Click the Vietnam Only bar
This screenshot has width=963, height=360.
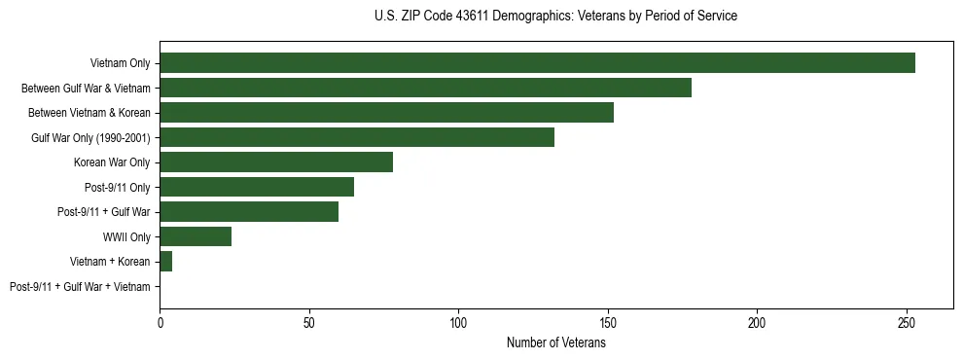[x=537, y=63]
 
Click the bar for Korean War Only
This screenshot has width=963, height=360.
[x=276, y=162]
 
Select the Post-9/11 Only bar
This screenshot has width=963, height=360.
[x=257, y=187]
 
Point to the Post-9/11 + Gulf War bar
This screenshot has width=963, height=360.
[x=249, y=212]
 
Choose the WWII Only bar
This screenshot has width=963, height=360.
[x=196, y=236]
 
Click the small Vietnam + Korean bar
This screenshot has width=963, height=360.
[x=165, y=262]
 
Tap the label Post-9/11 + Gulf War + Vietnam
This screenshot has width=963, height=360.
[x=80, y=287]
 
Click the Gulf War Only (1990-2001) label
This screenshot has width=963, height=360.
[x=90, y=138]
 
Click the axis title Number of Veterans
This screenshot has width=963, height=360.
[x=555, y=342]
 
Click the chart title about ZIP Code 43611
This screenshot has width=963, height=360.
[x=555, y=17]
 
